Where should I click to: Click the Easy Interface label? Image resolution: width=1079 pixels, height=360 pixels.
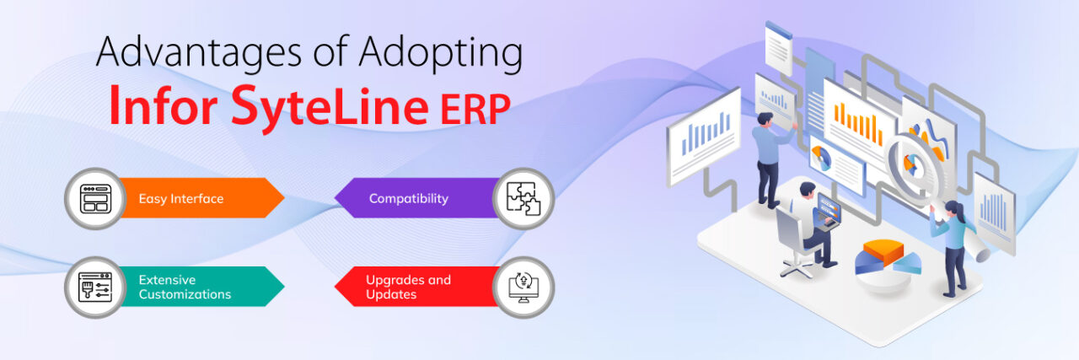pyautogui.click(x=181, y=199)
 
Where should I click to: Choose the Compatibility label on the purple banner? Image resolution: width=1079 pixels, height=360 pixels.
pyautogui.click(x=408, y=199)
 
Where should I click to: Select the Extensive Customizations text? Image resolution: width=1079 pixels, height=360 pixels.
pyautogui.click(x=185, y=287)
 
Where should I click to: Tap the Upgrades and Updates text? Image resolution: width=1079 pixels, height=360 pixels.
pyautogui.click(x=408, y=287)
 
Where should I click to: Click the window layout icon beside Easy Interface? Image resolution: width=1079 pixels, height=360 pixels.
pyautogui.click(x=94, y=199)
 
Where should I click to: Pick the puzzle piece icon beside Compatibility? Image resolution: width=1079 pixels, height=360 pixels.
pyautogui.click(x=523, y=199)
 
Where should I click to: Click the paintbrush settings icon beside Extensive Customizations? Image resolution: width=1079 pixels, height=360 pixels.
pyautogui.click(x=94, y=287)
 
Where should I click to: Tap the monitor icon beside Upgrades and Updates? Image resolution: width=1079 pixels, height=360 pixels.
pyautogui.click(x=523, y=287)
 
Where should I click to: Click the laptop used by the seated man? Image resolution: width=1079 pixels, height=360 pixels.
pyautogui.click(x=827, y=211)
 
